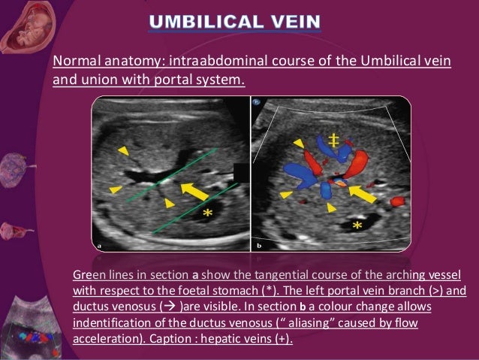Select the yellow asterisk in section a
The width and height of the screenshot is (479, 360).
click(205, 215)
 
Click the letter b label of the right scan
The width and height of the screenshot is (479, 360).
click(259, 244)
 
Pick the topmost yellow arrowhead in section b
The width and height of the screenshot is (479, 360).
click(299, 143)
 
